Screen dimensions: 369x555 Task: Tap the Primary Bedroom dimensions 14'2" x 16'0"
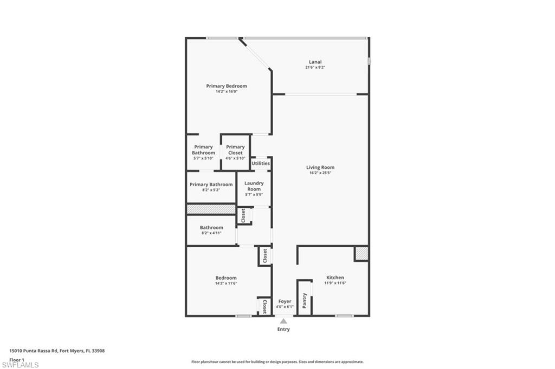(227, 92)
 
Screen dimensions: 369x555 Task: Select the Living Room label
(320, 168)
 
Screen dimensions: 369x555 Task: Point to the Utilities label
(261, 163)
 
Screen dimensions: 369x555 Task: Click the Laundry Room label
(254, 186)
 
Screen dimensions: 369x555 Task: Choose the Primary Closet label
(235, 150)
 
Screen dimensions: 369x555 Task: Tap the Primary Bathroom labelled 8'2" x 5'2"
(211, 184)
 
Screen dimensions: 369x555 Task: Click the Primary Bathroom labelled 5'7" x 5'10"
(203, 150)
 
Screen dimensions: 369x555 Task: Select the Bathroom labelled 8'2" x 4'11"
(211, 228)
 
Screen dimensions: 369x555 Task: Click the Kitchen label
(335, 278)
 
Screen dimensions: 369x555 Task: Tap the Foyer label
(285, 301)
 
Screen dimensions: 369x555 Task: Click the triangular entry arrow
(283, 321)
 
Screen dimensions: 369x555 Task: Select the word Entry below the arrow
(283, 329)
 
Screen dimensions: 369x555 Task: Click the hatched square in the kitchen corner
(362, 253)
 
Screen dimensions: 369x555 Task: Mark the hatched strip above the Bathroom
(211, 209)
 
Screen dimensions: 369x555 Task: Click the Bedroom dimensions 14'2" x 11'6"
(226, 284)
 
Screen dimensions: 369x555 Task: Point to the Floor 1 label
(17, 359)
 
